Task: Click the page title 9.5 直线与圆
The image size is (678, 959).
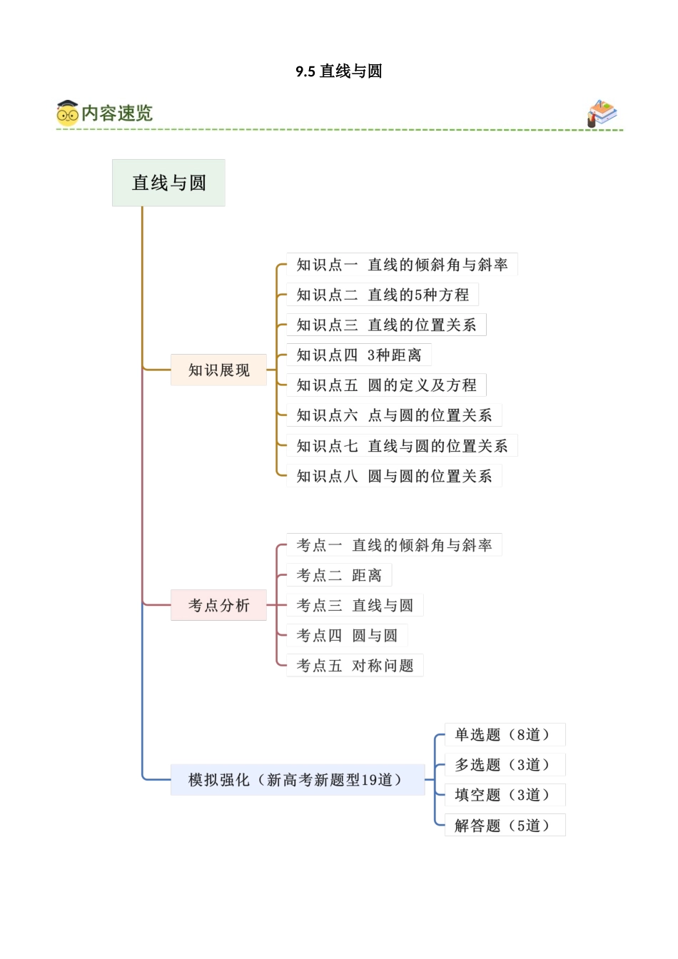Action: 339,71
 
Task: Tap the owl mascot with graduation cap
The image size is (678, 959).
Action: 67,113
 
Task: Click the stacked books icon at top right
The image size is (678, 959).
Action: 602,113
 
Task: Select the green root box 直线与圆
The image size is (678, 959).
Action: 168,183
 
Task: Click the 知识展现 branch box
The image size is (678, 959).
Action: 218,370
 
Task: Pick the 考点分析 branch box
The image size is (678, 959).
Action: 218,605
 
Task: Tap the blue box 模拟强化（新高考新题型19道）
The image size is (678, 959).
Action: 297,780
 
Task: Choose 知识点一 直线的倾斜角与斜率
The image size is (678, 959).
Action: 402,265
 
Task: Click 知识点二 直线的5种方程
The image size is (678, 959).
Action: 383,295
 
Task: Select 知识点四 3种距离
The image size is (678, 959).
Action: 359,355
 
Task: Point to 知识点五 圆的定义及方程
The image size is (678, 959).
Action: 386,385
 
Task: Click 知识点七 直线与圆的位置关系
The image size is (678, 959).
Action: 402,446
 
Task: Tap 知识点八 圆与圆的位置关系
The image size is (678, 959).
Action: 394,476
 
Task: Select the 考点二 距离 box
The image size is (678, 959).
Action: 339,575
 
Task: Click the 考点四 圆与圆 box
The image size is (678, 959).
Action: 347,635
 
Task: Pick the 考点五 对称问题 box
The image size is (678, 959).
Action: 355,666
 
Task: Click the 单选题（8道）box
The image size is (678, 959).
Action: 505,735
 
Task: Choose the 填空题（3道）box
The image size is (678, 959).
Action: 505,795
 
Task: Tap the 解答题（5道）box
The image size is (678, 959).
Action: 505,826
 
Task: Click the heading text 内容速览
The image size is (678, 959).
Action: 117,113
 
